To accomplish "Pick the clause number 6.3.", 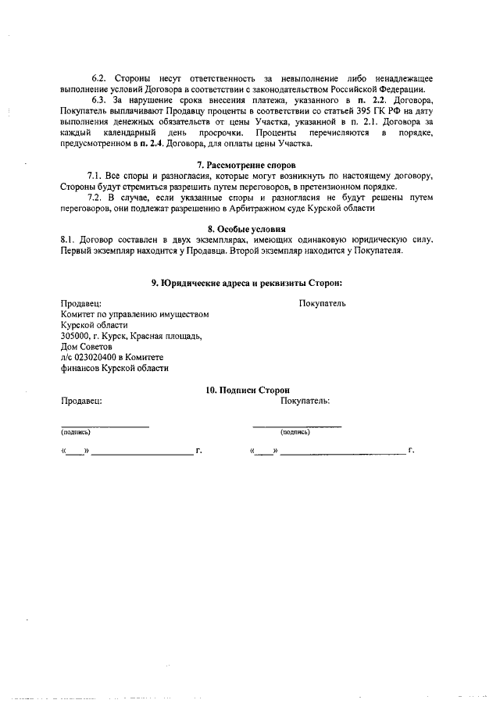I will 100,102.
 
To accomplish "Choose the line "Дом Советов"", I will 86,347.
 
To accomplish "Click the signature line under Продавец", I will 105,425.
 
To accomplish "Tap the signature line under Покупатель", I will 297,425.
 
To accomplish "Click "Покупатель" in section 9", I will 322,303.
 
